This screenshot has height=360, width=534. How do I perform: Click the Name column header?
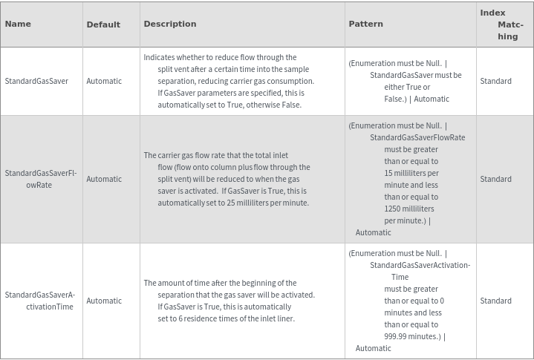click(18, 24)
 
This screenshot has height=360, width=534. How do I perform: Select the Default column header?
click(103, 24)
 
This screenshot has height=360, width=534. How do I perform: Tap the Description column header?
click(170, 24)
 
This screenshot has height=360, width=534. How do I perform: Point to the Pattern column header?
click(366, 24)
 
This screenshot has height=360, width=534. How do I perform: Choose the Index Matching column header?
click(503, 24)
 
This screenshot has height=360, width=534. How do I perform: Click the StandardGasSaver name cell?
click(36, 81)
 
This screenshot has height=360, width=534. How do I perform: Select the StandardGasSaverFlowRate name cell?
click(40, 179)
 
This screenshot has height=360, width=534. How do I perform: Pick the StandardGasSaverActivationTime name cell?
click(40, 301)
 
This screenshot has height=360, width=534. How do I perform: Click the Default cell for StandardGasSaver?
click(104, 81)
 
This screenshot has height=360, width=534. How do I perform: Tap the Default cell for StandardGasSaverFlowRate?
click(104, 179)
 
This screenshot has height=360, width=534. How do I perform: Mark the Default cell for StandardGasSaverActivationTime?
click(104, 301)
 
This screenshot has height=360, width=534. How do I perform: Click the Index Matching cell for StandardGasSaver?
click(495, 81)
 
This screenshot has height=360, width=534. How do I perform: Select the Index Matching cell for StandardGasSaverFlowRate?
click(495, 179)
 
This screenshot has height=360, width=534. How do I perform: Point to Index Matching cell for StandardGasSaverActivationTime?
click(495, 301)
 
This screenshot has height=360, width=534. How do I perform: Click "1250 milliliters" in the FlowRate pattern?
click(409, 209)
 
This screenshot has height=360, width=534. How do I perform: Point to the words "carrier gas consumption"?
click(271, 81)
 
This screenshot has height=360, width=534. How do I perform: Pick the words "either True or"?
click(407, 87)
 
